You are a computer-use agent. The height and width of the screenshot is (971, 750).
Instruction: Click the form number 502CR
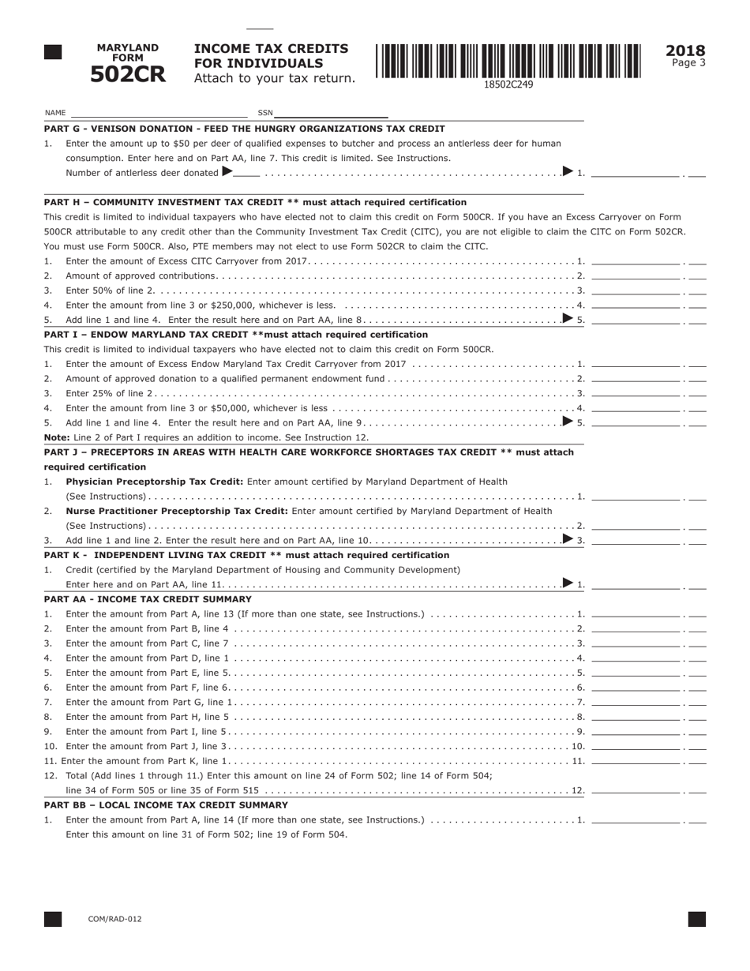(x=127, y=75)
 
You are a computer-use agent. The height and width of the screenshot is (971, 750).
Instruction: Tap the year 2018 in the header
(x=685, y=51)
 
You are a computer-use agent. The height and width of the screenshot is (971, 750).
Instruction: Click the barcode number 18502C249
(x=508, y=84)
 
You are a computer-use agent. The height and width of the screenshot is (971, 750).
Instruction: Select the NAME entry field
(x=158, y=112)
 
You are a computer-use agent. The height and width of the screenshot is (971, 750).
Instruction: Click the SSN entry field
(x=331, y=112)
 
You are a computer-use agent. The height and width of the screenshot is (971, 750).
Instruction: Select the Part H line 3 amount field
(x=636, y=290)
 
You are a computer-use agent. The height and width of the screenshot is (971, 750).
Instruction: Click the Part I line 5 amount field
(x=636, y=422)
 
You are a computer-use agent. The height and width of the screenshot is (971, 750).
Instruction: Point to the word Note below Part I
(x=56, y=437)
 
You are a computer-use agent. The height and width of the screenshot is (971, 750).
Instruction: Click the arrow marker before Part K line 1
(x=568, y=583)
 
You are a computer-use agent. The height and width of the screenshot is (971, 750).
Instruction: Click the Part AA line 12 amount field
(x=636, y=789)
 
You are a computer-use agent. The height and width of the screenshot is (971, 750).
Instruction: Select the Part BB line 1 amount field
(x=636, y=819)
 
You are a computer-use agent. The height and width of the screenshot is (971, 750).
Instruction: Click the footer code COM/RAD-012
(x=115, y=919)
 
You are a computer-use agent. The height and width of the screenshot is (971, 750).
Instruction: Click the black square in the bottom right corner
(x=696, y=919)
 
